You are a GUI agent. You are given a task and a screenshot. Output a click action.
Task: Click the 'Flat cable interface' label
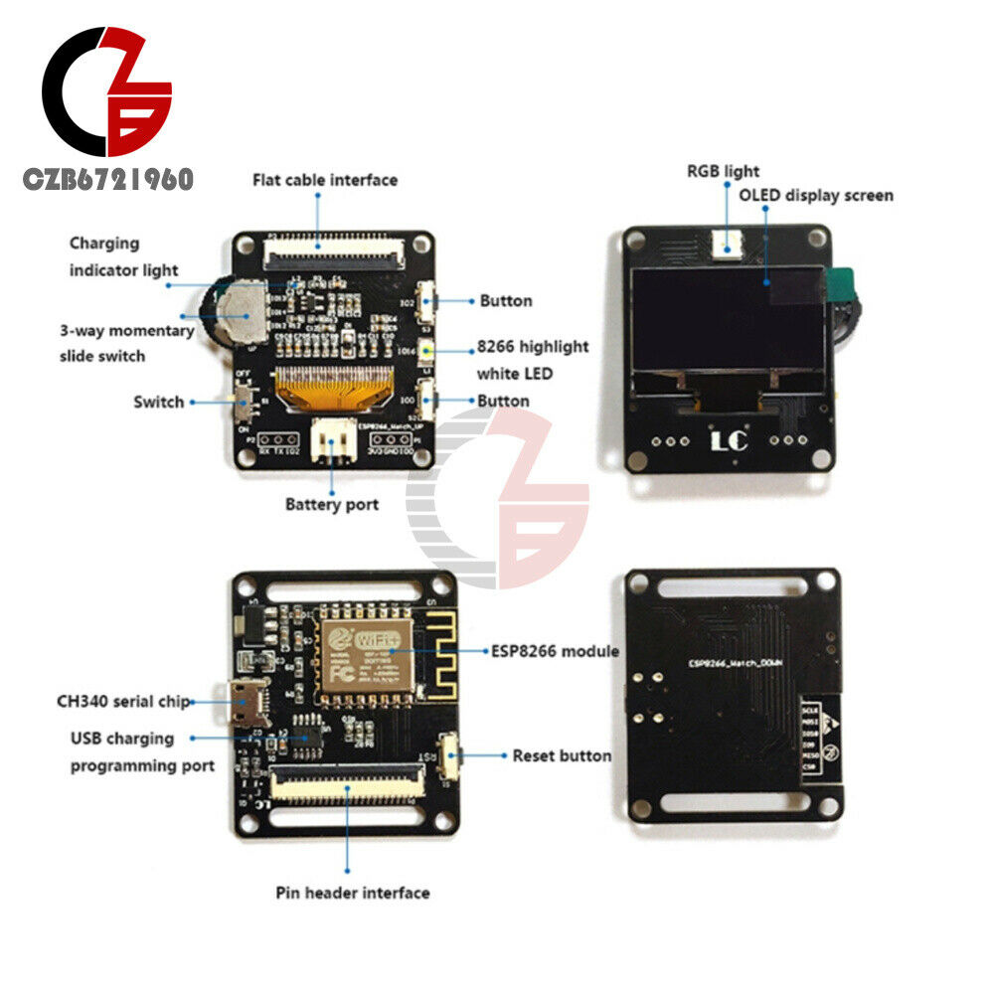click(324, 180)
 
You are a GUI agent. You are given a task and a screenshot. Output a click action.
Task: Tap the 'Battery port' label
click(332, 504)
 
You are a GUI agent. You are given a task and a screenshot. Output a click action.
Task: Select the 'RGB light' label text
click(723, 171)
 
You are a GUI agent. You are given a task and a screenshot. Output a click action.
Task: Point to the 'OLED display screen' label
click(815, 195)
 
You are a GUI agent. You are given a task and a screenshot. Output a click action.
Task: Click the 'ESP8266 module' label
click(555, 651)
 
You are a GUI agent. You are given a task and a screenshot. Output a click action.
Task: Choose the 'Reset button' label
click(562, 755)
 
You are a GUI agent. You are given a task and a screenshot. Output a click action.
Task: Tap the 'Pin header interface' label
click(353, 893)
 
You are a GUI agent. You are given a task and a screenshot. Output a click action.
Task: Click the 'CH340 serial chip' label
click(122, 701)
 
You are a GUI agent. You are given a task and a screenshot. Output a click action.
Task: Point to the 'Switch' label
click(159, 402)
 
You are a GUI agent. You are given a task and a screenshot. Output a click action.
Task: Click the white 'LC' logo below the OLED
click(729, 440)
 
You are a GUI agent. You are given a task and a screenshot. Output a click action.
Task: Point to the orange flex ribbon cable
click(328, 388)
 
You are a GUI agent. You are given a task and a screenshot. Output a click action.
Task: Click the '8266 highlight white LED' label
click(532, 360)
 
